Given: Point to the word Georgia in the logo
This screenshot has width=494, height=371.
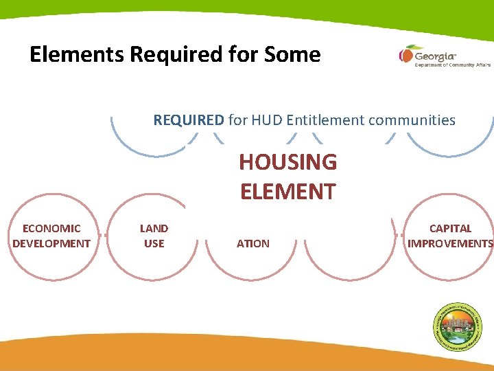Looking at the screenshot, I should pyautogui.click(x=435, y=54).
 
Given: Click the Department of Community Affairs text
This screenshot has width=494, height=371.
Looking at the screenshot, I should pyautogui.click(x=452, y=65).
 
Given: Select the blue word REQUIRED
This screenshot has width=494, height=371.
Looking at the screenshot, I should pyautogui.click(x=189, y=120).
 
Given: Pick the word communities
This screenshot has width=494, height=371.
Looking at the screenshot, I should pyautogui.click(x=414, y=120).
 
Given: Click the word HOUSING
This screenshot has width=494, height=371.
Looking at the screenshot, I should pyautogui.click(x=287, y=163).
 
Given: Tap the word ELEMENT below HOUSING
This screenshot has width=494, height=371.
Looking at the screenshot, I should pyautogui.click(x=287, y=191).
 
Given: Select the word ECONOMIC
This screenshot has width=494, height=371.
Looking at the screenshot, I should pyautogui.click(x=51, y=229).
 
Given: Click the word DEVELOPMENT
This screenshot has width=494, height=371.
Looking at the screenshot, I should pyautogui.click(x=51, y=243).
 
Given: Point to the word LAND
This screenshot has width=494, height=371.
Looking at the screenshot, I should pyautogui.click(x=154, y=229).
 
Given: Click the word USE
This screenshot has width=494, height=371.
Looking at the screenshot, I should pyautogui.click(x=154, y=243).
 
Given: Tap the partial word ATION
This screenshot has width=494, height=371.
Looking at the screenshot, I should pyautogui.click(x=253, y=243).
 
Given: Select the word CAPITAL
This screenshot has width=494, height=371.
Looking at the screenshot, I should pyautogui.click(x=450, y=229).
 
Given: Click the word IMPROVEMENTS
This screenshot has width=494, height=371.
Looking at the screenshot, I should pyautogui.click(x=450, y=243).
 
